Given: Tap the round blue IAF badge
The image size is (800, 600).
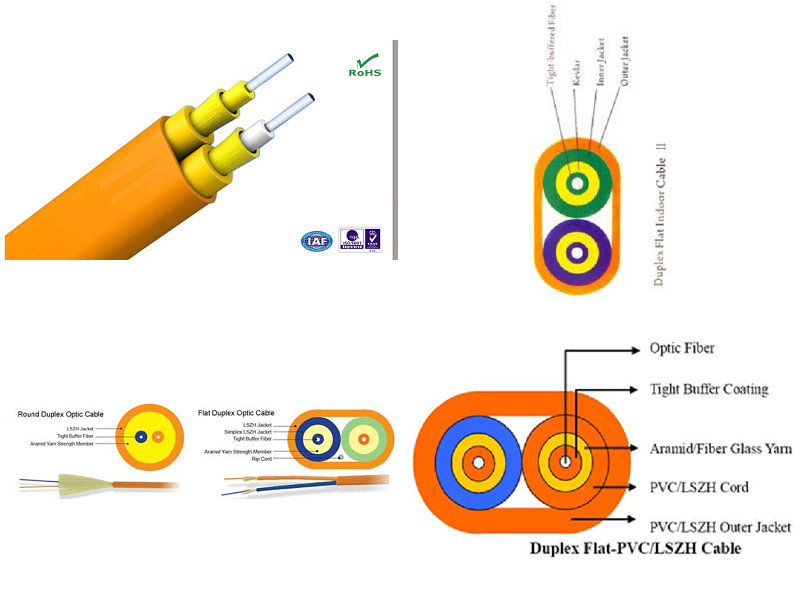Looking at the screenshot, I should coord(315,241).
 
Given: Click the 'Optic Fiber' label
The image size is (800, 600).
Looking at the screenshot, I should coord(682,348).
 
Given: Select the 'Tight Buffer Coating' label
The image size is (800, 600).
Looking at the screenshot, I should coord(709,389).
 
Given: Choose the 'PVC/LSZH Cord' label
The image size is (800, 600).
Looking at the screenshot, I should coord(699,487).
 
